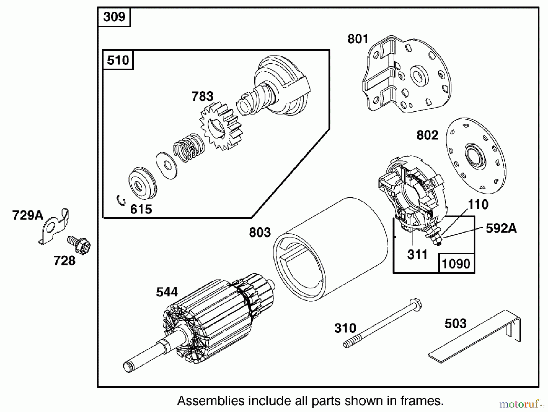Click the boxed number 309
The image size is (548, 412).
(114, 17)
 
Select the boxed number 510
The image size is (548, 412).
(118, 60)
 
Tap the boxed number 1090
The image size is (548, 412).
(456, 263)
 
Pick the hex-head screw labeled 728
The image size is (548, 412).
(80, 245)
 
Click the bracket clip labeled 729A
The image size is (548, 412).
(55, 226)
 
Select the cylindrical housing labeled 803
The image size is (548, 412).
(330, 249)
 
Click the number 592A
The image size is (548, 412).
(501, 228)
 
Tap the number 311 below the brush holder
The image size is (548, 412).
(417, 255)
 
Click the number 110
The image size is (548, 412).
(478, 204)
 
